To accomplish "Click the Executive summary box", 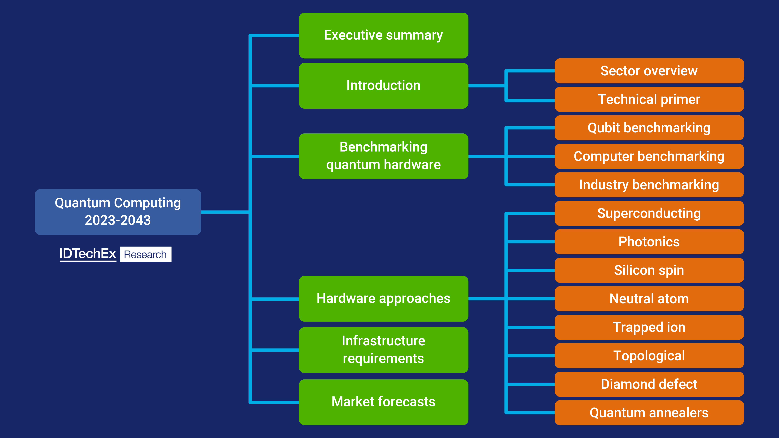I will (x=383, y=35).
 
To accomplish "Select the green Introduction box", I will (x=383, y=85).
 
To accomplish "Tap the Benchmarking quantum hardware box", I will (x=383, y=156).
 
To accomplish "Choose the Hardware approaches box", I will (x=383, y=298).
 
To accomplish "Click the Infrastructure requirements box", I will (x=383, y=350).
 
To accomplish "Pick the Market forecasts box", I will (x=383, y=402).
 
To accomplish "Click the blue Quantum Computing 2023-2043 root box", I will (x=118, y=212).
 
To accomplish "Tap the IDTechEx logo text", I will (x=88, y=254).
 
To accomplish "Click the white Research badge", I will (x=146, y=254).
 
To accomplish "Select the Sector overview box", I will (x=649, y=71).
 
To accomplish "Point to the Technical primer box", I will (x=649, y=99).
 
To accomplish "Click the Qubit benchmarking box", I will (x=649, y=128).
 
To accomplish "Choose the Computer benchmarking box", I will (x=649, y=156).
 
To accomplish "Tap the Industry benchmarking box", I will (x=649, y=185).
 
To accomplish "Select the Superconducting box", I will (x=649, y=213).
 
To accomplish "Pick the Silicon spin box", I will (x=649, y=270).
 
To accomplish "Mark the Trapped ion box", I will (x=649, y=327).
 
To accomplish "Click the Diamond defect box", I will (x=649, y=384).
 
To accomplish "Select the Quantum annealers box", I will (x=649, y=413).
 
